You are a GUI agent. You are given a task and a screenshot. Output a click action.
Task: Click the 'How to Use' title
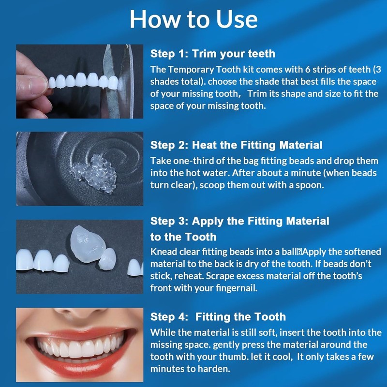(x=193, y=19)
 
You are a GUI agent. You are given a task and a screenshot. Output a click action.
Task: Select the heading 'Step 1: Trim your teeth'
(x=213, y=53)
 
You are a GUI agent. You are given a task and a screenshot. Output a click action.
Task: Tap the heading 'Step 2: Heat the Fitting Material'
(x=236, y=145)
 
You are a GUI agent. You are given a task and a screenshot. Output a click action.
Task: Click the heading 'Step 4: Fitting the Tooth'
(x=218, y=317)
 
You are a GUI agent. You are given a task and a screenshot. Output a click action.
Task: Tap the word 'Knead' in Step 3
(x=163, y=252)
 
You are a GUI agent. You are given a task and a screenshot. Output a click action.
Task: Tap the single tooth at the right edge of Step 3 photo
(x=135, y=268)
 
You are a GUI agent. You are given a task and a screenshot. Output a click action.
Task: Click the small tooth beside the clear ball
(x=108, y=260)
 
